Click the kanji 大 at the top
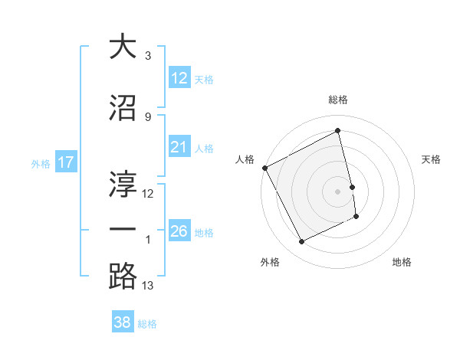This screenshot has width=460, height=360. coord(123,47)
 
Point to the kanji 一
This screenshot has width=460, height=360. coord(123,230)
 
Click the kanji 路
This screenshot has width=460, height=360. coord(123,275)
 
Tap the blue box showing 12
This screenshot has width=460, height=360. coord(179,78)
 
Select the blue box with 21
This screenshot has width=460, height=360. coord(179,148)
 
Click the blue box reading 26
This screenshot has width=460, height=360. coord(179,231)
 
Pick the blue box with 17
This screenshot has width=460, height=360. coord(66,162)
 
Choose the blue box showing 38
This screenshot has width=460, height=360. coord(123,322)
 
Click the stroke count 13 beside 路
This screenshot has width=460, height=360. coord(148,286)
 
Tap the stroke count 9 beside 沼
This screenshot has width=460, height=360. coord(147,116)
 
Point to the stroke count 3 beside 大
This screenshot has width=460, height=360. coord(147,56)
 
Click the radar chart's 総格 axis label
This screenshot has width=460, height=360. coord(338,100)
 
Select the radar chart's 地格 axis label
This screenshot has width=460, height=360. coord(402,262)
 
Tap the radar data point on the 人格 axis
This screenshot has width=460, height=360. coord(265,168)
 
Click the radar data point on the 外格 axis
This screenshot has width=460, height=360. coord(301,242)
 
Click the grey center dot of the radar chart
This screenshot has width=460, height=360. coord(338,191)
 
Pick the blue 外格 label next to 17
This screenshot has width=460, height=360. coord(40,163)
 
